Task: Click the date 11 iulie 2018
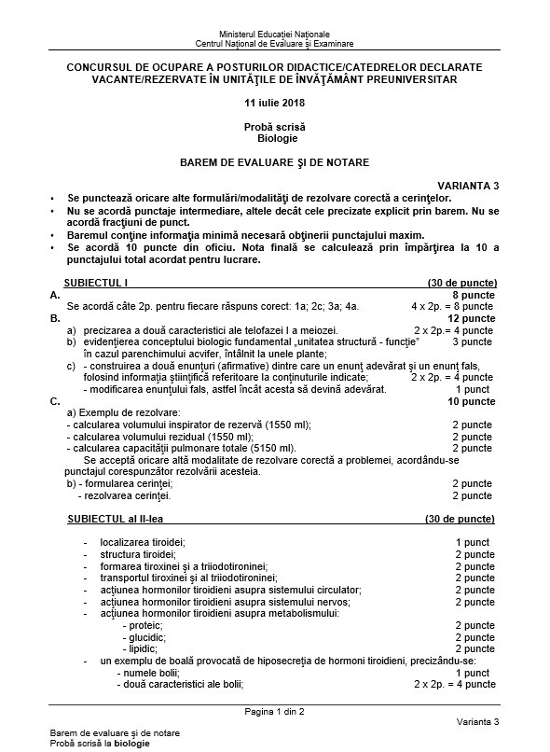(x=275, y=103)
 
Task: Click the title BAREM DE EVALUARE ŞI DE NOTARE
(x=275, y=162)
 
